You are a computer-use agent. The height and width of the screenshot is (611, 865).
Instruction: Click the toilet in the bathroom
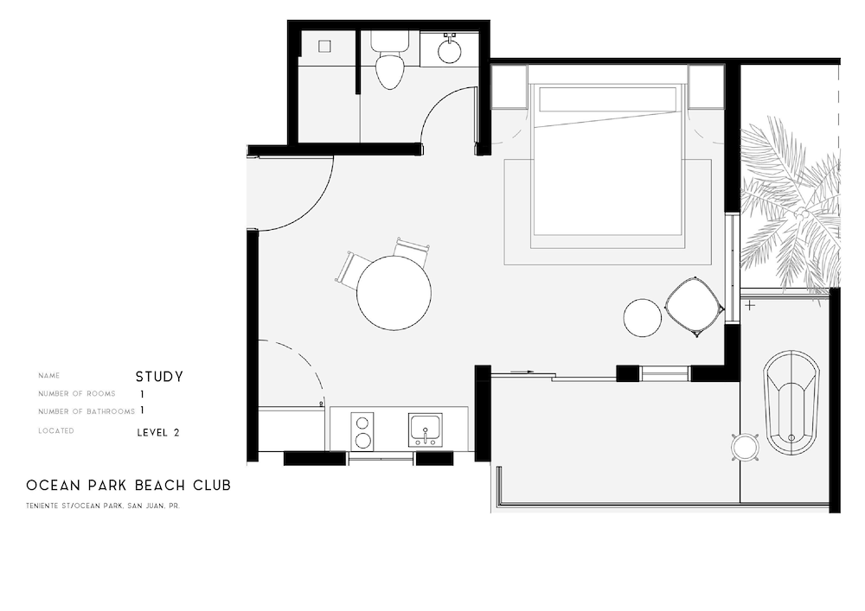point(389,60)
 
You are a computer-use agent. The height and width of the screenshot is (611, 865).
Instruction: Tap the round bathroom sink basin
point(450,53)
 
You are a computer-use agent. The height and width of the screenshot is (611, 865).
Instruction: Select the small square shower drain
point(324,47)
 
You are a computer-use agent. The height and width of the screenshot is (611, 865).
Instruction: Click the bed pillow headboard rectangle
point(607,99)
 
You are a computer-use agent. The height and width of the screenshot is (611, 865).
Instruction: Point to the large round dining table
point(394,293)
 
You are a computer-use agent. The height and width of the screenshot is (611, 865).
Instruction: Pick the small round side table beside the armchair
point(642,317)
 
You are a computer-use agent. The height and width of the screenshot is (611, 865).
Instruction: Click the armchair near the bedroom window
point(695,307)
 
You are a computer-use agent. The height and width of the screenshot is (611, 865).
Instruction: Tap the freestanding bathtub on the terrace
point(791,402)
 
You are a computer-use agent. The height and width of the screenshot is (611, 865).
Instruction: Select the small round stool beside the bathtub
point(745,446)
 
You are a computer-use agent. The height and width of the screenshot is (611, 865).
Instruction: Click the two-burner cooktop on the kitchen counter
point(362,430)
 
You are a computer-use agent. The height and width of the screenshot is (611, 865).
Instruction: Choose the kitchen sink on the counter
point(425,430)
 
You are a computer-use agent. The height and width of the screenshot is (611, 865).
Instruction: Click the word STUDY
point(159,377)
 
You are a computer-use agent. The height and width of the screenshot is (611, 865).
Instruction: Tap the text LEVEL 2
point(158,433)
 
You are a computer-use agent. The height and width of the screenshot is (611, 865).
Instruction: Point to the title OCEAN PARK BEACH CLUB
point(129,486)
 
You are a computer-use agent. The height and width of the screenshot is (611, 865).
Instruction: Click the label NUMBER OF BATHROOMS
point(86,411)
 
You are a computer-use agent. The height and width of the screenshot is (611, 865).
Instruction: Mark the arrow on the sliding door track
point(522,372)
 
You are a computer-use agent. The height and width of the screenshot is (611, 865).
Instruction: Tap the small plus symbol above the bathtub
point(750,305)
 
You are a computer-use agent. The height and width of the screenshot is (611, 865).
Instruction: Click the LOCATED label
point(55,431)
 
